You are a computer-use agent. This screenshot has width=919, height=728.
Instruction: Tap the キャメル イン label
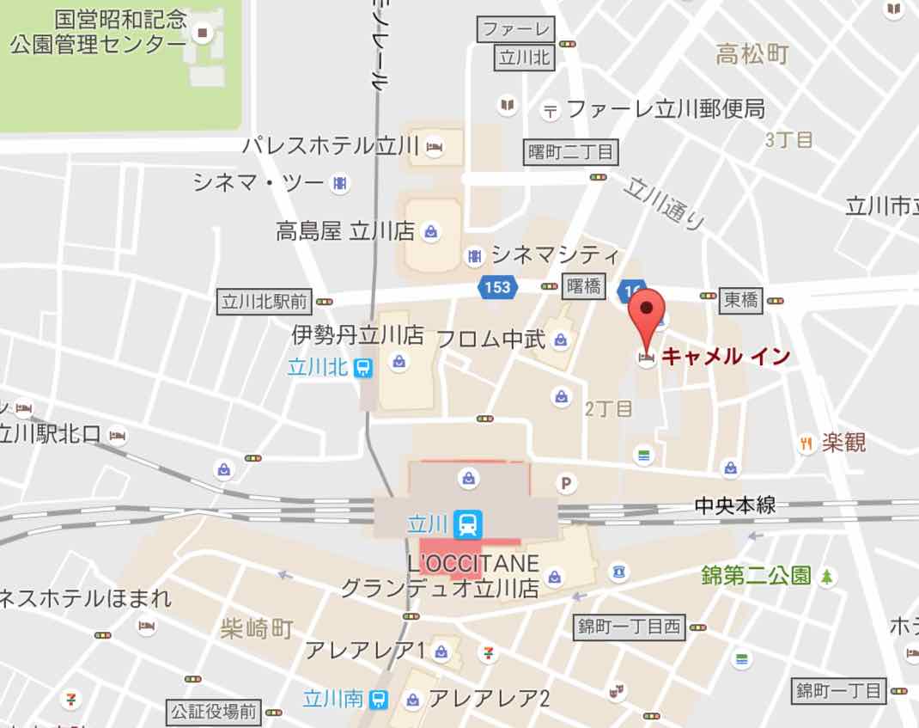click(x=726, y=356)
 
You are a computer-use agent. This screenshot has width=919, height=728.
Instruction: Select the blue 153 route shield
click(x=497, y=288)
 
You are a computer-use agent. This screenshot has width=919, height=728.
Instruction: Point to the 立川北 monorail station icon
click(x=364, y=368)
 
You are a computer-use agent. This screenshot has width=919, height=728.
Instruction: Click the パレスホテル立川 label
click(x=330, y=145)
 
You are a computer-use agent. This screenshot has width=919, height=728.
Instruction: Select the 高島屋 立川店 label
click(x=345, y=230)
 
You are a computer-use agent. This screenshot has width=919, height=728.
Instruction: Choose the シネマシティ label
click(x=555, y=254)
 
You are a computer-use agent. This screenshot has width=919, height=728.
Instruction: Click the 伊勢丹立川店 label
click(x=357, y=334)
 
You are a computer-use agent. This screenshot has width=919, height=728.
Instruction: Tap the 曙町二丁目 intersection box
click(x=571, y=153)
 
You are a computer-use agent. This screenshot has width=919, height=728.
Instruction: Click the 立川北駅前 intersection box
click(x=264, y=302)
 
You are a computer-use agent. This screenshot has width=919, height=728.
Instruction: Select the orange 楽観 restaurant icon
click(x=806, y=444)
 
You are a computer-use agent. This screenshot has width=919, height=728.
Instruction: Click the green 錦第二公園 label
click(x=756, y=575)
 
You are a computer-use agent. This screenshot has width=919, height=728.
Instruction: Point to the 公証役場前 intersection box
click(x=213, y=712)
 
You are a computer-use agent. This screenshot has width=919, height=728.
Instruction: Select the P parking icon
click(x=566, y=483)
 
